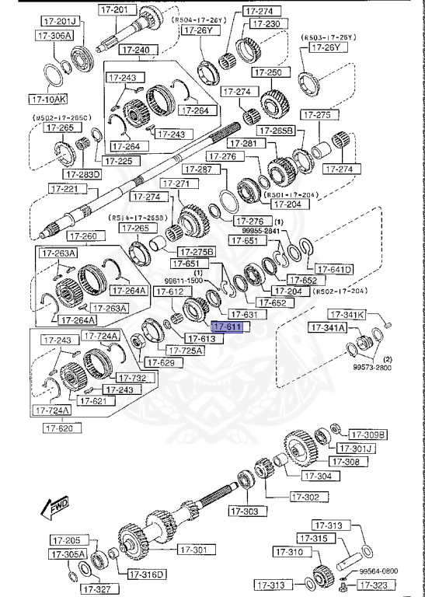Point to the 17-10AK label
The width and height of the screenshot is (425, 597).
tap(49, 99)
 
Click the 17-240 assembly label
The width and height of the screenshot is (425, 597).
tap(137, 50)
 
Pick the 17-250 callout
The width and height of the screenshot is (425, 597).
tap(269, 72)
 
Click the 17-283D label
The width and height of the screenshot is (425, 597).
tap(82, 174)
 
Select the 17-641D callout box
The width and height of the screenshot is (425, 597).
tap(335, 270)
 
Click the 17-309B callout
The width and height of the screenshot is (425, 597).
tap(368, 434)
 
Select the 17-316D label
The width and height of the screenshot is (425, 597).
tap(145, 574)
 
